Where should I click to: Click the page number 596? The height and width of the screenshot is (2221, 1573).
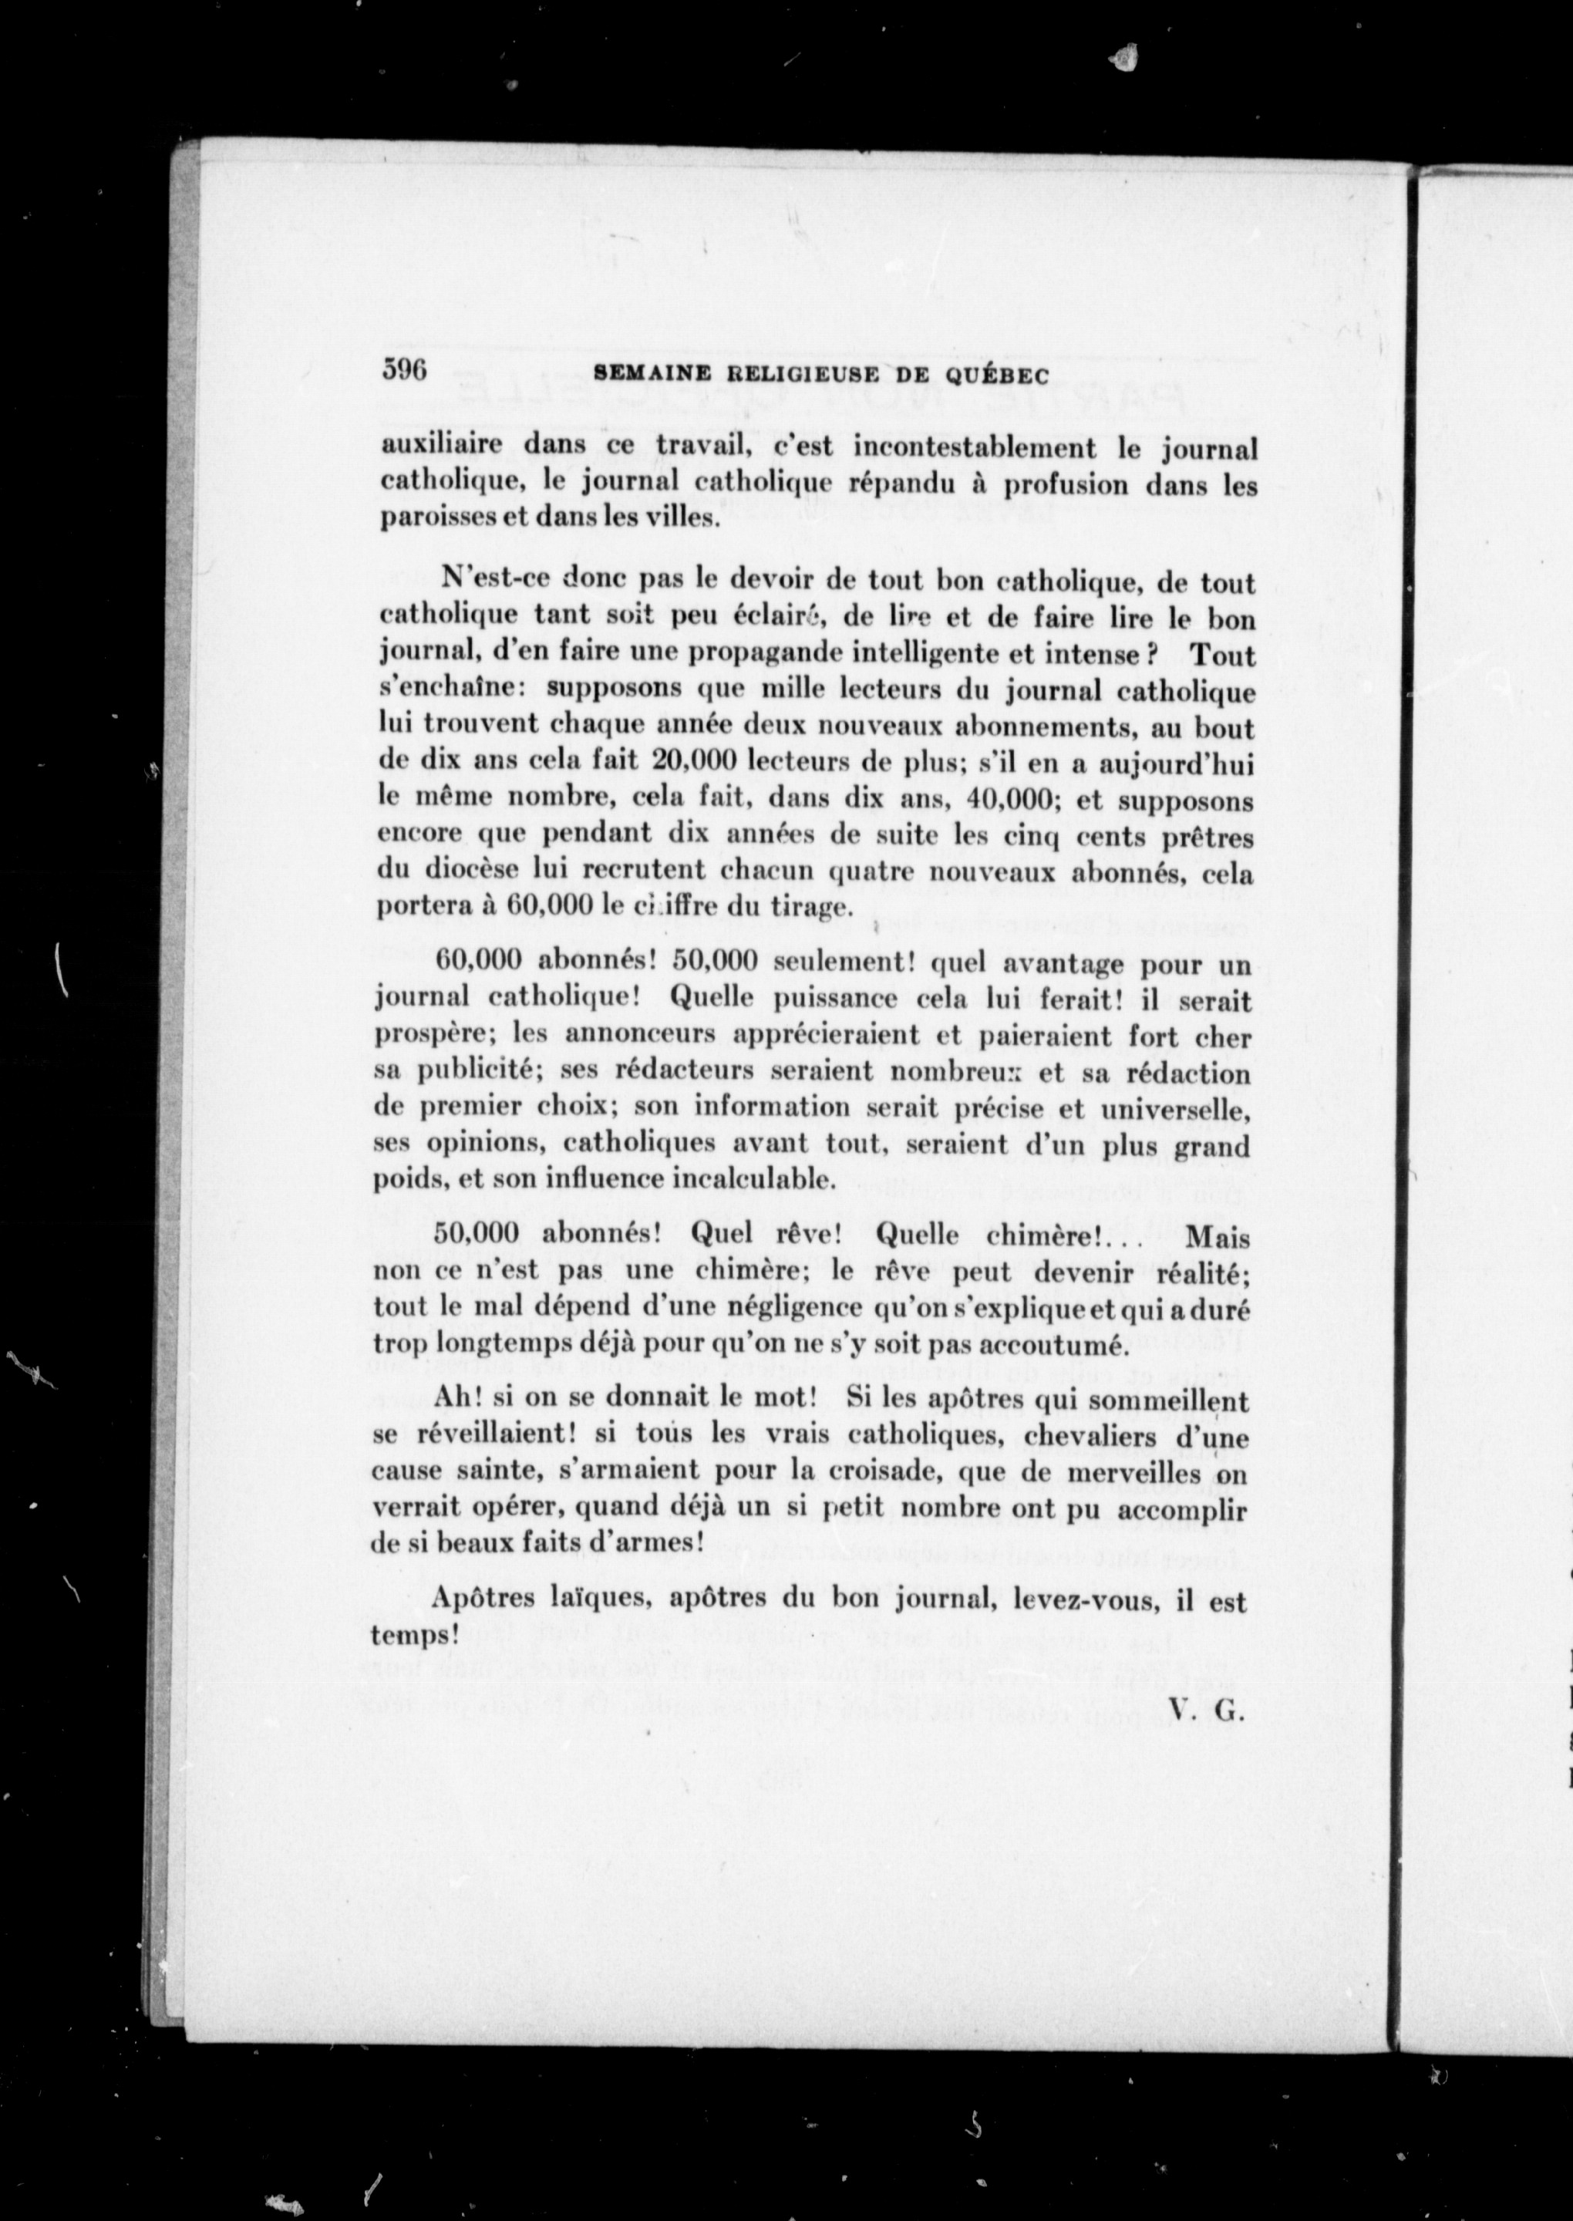(404, 372)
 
